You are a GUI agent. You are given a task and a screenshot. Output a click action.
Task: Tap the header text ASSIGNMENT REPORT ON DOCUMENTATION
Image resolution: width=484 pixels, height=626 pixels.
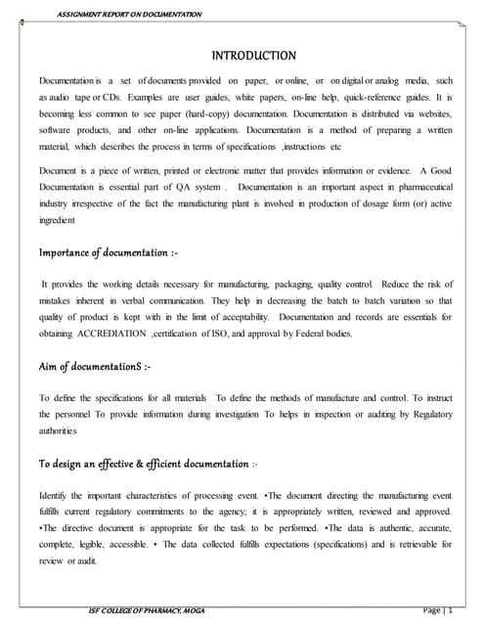pyautogui.click(x=129, y=14)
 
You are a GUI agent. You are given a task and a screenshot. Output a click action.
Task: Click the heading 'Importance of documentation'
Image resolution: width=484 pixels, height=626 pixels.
pyautogui.click(x=108, y=253)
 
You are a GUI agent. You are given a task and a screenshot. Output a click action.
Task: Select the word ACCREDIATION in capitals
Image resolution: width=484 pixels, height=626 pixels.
pyautogui.click(x=110, y=334)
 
